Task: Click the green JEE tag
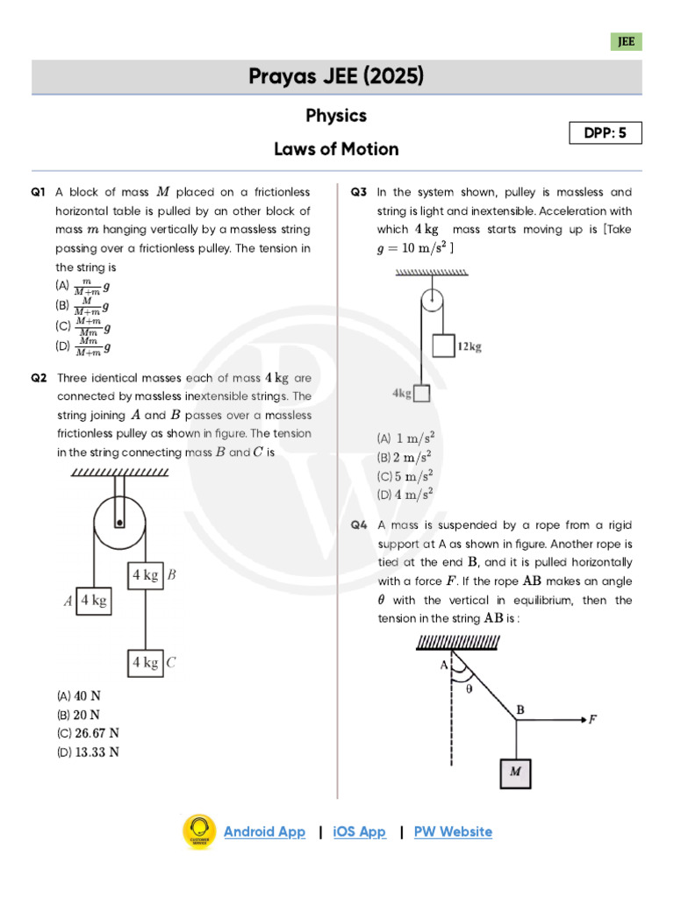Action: [627, 41]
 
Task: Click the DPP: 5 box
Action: [606, 133]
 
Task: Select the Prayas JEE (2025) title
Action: [336, 77]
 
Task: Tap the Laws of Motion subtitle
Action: [336, 149]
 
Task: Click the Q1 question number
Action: [38, 192]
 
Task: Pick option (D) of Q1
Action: [83, 347]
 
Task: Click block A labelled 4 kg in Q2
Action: [94, 601]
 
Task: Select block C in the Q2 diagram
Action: [146, 662]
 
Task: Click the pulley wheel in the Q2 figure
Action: [119, 521]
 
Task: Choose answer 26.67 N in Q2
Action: [88, 733]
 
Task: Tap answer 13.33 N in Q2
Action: [88, 752]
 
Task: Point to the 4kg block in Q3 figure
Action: [421, 394]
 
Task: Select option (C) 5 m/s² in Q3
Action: [406, 476]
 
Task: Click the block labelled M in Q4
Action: [515, 773]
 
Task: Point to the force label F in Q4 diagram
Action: [593, 719]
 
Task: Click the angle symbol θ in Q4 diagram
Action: [469, 688]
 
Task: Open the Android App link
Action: [264, 831]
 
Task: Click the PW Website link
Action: [453, 831]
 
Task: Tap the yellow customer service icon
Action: [199, 831]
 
